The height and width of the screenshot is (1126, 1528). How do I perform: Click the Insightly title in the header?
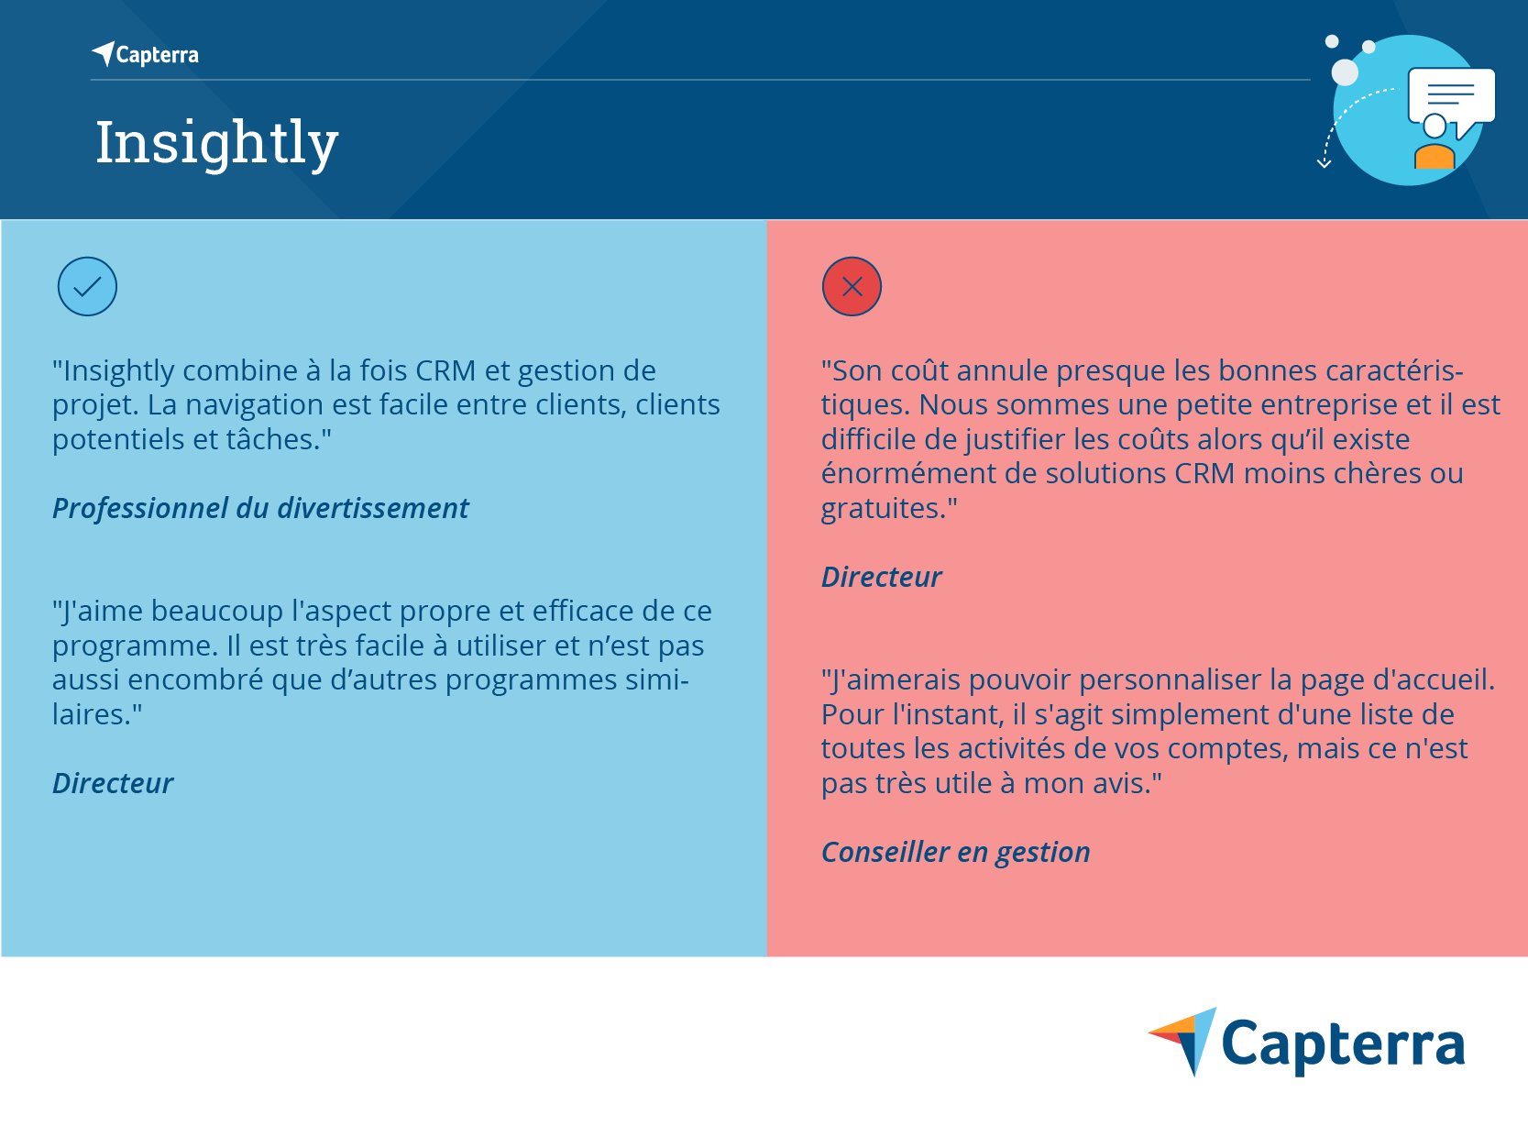coord(217,144)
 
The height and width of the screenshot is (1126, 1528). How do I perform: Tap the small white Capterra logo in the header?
coord(146,54)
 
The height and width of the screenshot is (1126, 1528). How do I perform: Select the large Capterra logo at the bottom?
coord(1306,1042)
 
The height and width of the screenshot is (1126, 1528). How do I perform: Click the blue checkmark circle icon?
coord(87,287)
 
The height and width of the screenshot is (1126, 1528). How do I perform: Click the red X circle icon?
coord(852,287)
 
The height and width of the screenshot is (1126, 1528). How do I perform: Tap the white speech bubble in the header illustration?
coord(1452,99)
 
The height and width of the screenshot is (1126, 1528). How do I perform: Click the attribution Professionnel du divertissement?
coord(260,508)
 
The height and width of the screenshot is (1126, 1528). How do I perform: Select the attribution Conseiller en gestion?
coord(956,853)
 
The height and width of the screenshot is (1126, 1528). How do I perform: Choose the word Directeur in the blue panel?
coord(114,783)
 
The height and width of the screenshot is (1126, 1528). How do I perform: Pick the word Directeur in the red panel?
coord(882,578)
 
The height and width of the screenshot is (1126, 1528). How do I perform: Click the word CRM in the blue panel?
coord(445,371)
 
